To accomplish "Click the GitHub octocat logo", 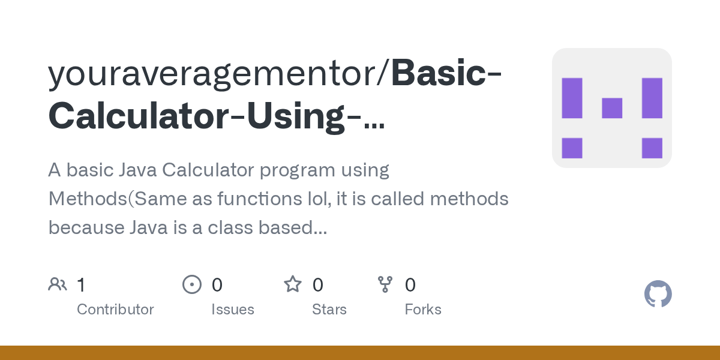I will point(658,294).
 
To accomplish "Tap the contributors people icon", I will point(58,284).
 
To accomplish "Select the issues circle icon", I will point(191,284).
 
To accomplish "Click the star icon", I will point(293,284).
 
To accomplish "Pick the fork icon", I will point(385,284).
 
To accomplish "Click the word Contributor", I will point(115,310).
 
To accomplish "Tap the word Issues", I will point(233,310).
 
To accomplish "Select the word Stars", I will point(329,310).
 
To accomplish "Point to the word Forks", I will point(423,310).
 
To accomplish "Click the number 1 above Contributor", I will point(82,285).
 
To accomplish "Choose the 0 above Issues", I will point(217,285).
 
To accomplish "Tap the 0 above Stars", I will point(318,285).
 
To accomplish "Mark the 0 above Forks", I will point(410,285).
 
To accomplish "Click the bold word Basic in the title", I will point(442,74).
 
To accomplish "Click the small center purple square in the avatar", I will point(612,108).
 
